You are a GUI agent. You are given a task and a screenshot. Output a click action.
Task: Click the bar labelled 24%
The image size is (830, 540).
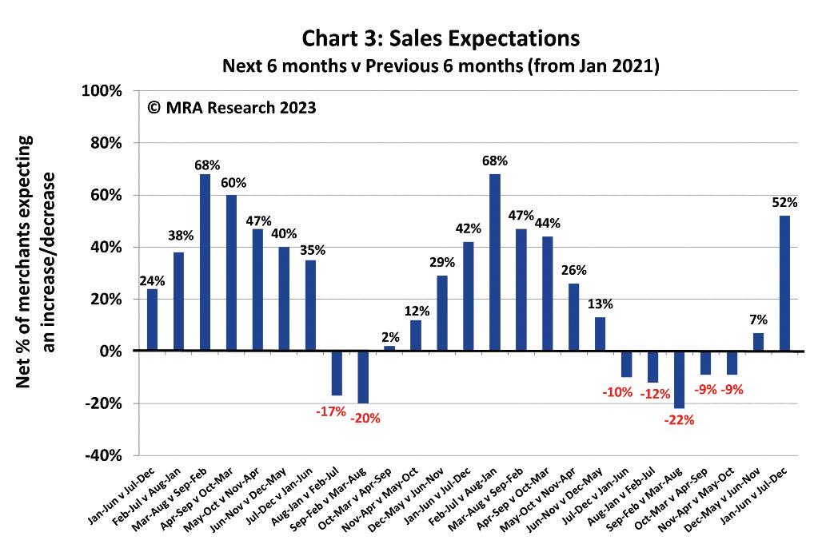[x=152, y=320]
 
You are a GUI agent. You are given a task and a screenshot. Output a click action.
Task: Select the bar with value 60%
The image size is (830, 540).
[x=231, y=272]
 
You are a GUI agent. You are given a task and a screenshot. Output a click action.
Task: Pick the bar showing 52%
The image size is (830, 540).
[x=784, y=283]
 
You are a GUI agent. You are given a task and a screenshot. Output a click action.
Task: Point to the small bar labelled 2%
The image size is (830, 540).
[x=389, y=348]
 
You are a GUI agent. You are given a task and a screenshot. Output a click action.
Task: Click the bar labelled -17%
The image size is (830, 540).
[x=337, y=373]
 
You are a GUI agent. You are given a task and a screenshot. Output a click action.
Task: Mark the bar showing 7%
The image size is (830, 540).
[x=758, y=342]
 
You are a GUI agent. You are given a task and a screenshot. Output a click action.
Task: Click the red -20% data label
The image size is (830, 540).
[x=364, y=418]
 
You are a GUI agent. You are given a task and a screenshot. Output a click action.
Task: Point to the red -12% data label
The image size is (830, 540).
[x=653, y=395]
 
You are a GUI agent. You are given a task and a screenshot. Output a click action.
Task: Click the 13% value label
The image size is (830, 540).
[x=600, y=304]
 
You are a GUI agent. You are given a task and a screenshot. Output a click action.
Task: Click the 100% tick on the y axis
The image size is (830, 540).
[x=102, y=91]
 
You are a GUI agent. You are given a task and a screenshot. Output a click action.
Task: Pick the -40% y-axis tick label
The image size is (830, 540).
[x=102, y=455]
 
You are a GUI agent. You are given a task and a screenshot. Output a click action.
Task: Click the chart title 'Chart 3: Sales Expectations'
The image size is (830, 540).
[x=440, y=38]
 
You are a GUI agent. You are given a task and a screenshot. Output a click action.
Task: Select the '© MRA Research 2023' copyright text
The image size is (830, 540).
[x=231, y=107]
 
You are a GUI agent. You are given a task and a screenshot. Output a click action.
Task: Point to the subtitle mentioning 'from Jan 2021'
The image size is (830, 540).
[x=440, y=66]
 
